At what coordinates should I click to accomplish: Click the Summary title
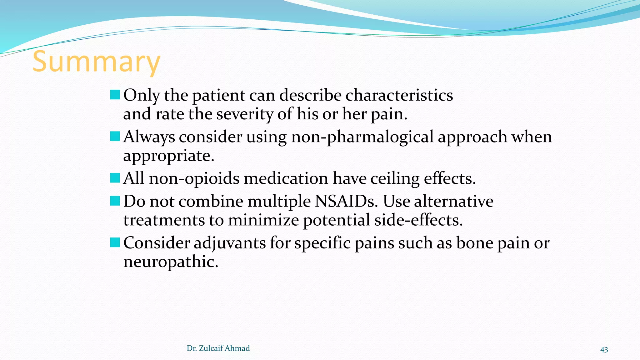[96, 62]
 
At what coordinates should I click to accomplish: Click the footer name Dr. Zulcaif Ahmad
[218, 348]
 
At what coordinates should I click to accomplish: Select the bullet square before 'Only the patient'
[115, 95]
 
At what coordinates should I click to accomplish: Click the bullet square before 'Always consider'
[115, 136]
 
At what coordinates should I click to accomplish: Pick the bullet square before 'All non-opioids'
[115, 178]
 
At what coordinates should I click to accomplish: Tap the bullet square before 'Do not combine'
[115, 201]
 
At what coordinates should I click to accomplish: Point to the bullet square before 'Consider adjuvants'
[115, 242]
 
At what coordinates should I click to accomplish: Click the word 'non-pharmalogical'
[362, 137]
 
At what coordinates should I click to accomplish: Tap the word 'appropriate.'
[169, 156]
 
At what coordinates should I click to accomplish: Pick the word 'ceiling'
[395, 179]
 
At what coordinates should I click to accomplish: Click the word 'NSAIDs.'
[346, 201]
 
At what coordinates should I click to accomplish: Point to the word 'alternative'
[453, 201]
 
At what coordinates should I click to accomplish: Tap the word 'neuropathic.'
[171, 262]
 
